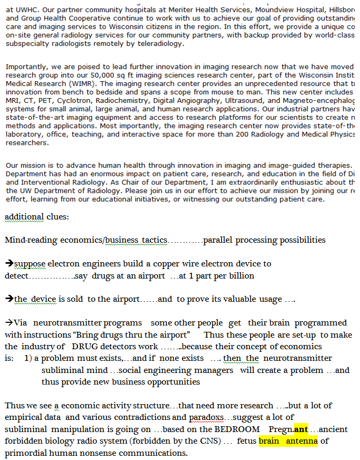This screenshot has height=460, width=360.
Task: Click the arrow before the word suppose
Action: pos(9,263)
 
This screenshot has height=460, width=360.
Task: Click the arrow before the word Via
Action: pos(9,322)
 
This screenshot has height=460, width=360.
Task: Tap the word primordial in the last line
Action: pos(29,453)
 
